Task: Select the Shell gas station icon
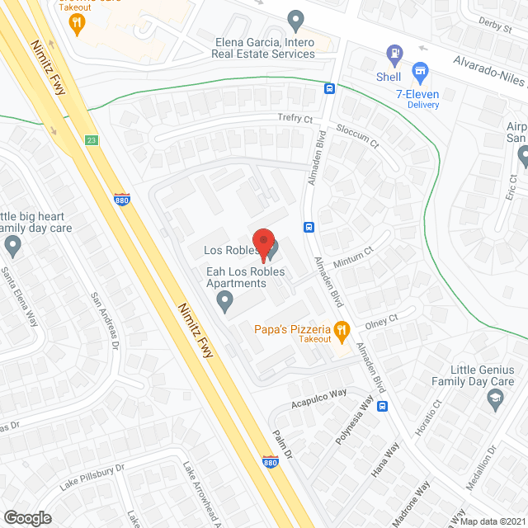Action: coord(394,55)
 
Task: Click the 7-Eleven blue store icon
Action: coord(421,72)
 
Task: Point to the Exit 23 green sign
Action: coord(91,140)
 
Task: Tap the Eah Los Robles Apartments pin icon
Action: coord(224,304)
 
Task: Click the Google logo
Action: coord(26,517)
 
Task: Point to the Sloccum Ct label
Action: coord(357,137)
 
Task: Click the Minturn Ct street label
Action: coord(353,257)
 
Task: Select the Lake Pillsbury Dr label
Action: coord(92,478)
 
